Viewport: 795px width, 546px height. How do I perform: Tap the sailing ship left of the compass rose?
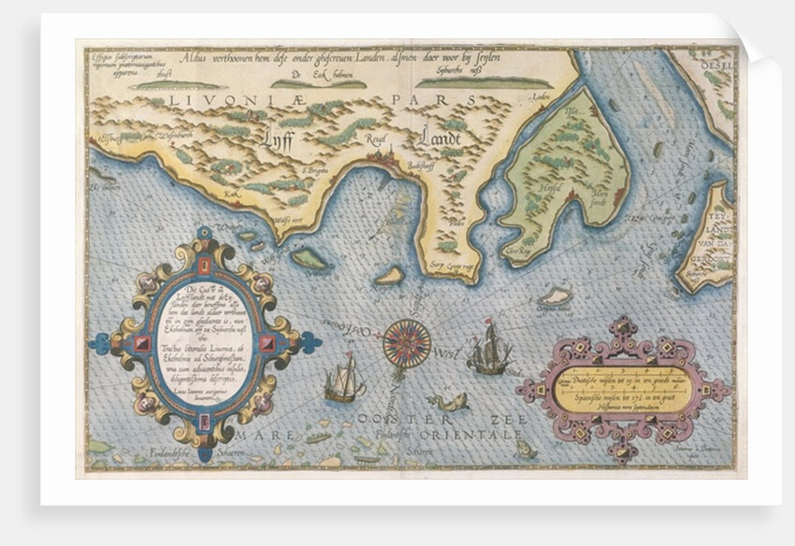click(343, 379)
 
